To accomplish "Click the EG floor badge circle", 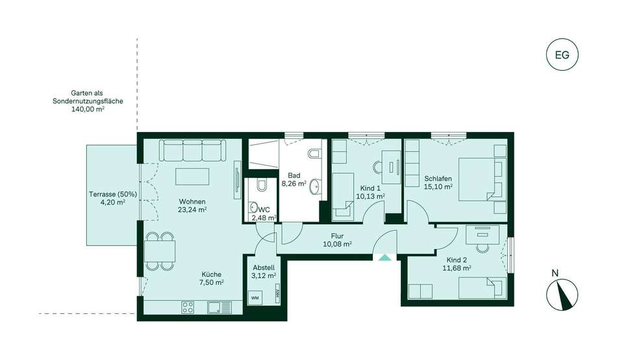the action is (x=562, y=55).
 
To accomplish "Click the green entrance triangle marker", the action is (x=384, y=257).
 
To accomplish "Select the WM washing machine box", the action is (x=255, y=298).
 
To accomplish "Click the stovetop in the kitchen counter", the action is (x=188, y=307).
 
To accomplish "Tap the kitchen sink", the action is (x=219, y=307).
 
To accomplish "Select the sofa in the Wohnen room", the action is (x=192, y=150).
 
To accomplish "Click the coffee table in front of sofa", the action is (x=192, y=177).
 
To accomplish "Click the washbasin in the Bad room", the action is (x=315, y=186).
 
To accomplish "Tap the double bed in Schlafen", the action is (x=483, y=179).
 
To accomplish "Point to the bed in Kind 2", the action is (x=483, y=288).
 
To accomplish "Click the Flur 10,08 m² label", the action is (x=337, y=240).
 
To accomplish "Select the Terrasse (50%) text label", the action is (x=113, y=194).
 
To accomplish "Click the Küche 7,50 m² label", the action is (x=212, y=278).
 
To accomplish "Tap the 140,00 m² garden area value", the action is (x=88, y=110).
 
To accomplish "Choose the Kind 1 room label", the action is (x=370, y=188).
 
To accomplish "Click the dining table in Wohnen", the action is (x=160, y=251).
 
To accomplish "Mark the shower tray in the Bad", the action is (x=264, y=155).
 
